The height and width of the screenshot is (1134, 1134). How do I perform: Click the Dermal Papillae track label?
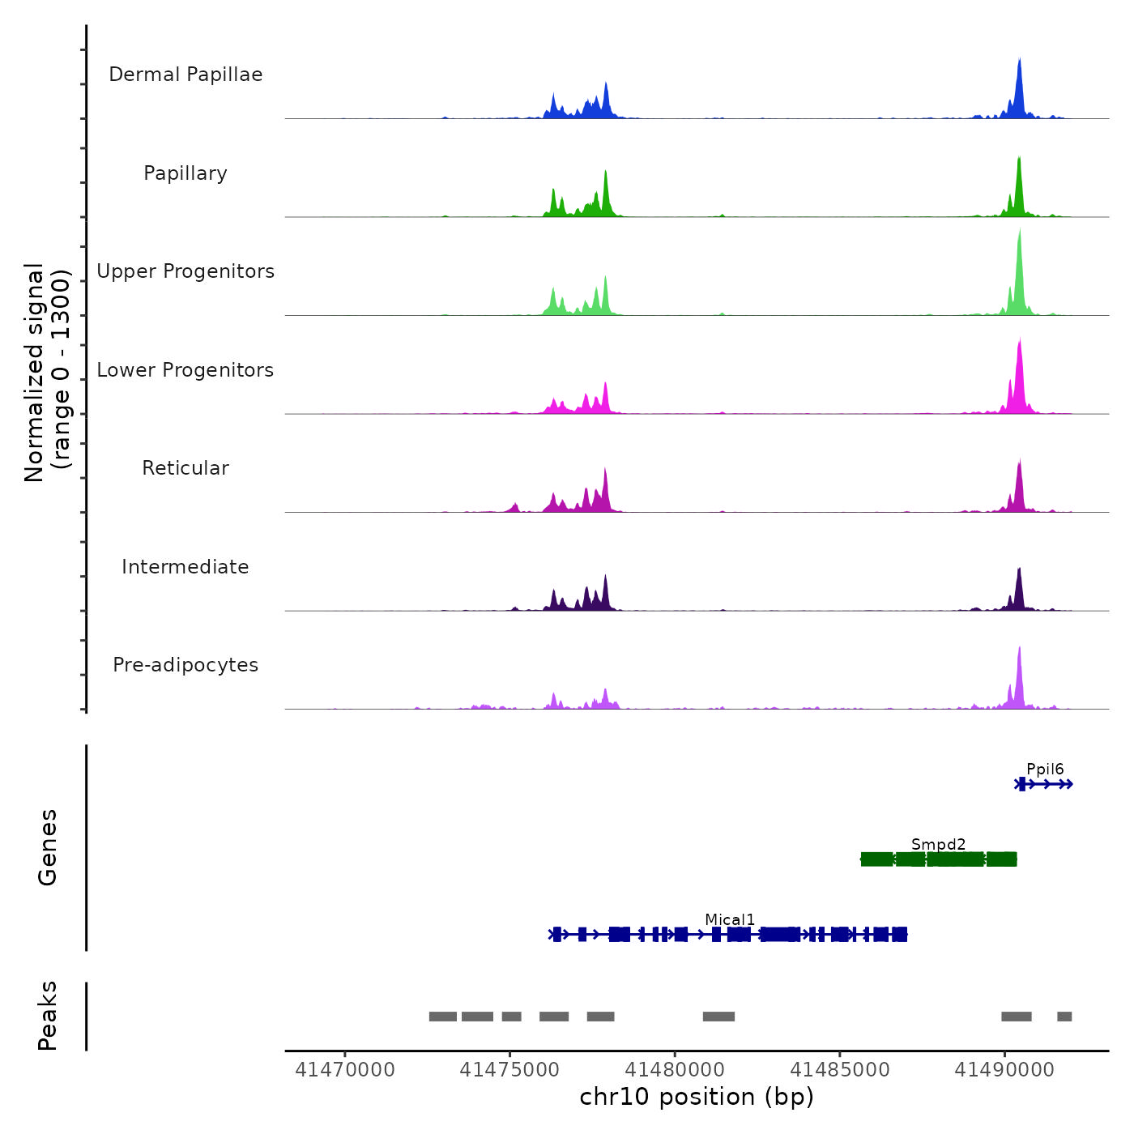pos(185,75)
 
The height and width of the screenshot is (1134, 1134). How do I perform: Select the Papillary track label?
pos(185,173)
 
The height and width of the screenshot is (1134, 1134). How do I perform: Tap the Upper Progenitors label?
pos(185,271)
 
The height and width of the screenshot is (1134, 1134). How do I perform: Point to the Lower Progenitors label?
pos(185,370)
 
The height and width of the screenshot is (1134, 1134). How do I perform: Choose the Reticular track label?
pos(185,468)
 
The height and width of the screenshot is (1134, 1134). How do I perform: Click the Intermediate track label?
pos(185,567)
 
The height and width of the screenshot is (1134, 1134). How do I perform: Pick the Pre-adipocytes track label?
pos(185,665)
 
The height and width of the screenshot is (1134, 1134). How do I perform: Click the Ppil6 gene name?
pos(1045,769)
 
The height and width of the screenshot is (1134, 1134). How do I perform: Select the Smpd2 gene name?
pos(938,845)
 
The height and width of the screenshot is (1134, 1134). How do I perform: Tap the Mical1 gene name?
pos(730,920)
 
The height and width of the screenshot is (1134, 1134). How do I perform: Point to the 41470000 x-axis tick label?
pos(345,1070)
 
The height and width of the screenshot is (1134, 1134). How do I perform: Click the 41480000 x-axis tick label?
pos(675,1070)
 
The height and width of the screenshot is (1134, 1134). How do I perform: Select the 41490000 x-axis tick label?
pos(1004,1070)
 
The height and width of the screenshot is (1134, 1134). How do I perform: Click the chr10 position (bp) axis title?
pos(697,1098)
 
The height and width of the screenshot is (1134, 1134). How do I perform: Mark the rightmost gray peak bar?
pos(1064,1017)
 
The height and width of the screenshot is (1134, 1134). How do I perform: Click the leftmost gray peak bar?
pos(443,1017)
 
